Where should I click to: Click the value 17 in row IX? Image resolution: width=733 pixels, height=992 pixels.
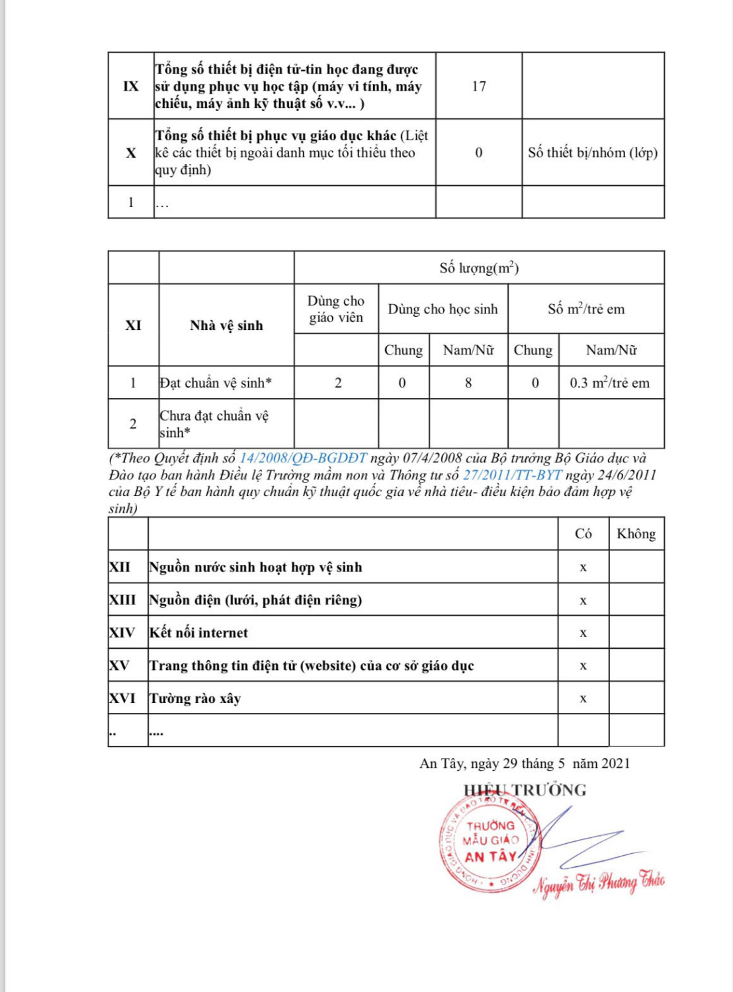(x=479, y=87)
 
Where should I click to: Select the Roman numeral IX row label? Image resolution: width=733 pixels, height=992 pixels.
(x=131, y=87)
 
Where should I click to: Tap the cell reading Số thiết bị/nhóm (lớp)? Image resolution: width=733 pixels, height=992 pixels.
(x=593, y=153)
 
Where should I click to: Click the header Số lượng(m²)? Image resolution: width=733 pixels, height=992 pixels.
(x=479, y=268)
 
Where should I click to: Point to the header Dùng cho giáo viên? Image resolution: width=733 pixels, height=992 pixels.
(x=336, y=309)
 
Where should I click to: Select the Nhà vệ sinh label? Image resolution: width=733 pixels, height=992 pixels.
(x=226, y=325)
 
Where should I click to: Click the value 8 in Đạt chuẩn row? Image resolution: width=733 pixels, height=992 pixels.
(x=468, y=383)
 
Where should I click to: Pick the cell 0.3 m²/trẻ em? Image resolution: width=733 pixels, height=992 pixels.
(x=610, y=383)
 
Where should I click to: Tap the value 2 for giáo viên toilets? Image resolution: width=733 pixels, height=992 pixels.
(x=338, y=383)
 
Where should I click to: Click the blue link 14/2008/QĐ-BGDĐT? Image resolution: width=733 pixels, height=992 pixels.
(x=303, y=458)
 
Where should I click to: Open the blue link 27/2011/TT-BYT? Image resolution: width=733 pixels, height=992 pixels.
(x=512, y=475)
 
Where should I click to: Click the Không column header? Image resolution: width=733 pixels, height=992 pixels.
(x=636, y=534)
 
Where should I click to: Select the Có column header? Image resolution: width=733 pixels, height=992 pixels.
(x=583, y=534)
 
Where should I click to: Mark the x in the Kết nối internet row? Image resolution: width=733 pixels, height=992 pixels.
(x=583, y=633)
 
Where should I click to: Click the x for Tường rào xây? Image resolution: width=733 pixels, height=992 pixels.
(x=583, y=698)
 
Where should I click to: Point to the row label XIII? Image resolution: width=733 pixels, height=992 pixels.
(x=122, y=600)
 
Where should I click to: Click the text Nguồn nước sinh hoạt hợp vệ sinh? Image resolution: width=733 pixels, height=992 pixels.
(x=255, y=567)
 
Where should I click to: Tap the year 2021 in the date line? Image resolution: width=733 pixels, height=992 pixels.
(x=616, y=764)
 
